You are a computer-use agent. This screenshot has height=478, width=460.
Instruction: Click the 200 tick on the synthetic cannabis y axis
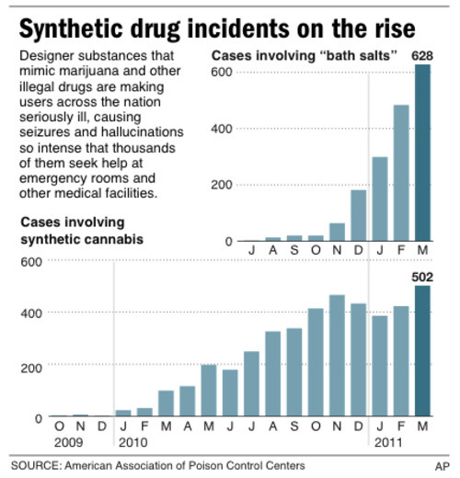tap(32, 367)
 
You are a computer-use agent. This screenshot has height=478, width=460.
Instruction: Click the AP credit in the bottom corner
tap(443, 466)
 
